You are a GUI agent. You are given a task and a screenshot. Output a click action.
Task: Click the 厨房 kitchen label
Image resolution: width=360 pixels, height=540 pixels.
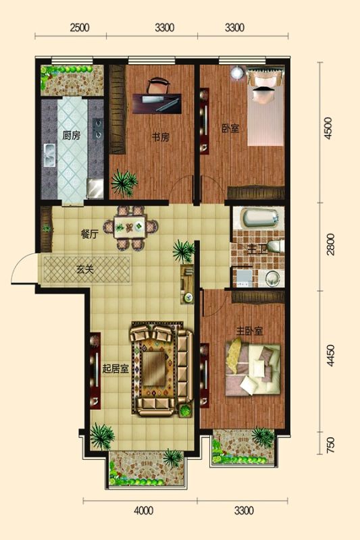[x=72, y=136]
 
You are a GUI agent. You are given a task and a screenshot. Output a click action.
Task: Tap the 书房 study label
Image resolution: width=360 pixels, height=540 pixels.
[x=161, y=138]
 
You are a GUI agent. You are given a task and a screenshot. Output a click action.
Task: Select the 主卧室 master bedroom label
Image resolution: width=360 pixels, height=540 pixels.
[x=249, y=331]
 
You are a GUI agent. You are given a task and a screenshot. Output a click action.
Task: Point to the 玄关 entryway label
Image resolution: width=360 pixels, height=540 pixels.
[x=84, y=269]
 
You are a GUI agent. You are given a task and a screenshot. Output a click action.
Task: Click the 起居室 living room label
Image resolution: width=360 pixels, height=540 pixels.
[x=115, y=369]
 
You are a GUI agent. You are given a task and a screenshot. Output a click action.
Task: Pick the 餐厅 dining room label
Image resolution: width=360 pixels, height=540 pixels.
[x=90, y=234]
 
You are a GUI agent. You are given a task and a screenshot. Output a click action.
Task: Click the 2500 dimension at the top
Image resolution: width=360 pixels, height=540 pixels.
[x=80, y=28]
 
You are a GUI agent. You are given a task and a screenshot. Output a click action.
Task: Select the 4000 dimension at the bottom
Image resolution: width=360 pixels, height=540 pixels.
[x=143, y=510]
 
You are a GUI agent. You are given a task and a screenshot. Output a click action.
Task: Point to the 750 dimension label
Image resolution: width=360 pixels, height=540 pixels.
[x=330, y=445]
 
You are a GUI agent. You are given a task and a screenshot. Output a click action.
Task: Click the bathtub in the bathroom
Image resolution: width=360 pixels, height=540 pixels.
[x=260, y=217]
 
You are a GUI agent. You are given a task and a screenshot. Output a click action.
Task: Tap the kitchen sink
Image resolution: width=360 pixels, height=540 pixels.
[x=50, y=155]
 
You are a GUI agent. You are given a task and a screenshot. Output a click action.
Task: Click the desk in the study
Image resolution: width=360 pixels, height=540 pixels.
[x=157, y=104]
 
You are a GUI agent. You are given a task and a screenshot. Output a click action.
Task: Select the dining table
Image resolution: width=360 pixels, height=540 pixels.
[x=130, y=227]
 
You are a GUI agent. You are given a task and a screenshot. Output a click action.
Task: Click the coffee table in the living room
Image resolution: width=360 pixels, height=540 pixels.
[x=154, y=369]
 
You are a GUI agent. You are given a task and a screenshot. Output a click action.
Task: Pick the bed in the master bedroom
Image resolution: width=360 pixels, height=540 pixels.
[x=253, y=369]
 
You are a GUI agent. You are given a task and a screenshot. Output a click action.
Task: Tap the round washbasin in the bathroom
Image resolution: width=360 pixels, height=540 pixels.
[x=272, y=278]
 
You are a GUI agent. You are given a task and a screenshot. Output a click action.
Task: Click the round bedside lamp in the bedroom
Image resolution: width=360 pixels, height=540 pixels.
[x=237, y=74]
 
